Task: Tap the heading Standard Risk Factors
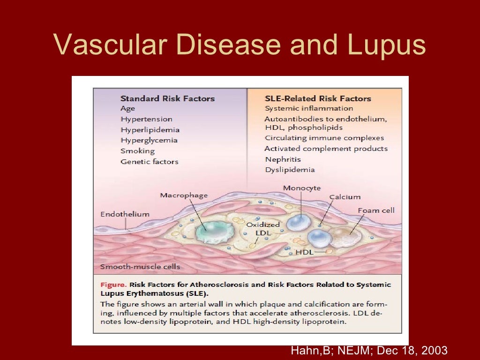pos(167,98)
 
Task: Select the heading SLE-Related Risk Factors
pos(318,98)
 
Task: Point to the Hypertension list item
pos(146,119)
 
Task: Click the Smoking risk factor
pos(137,151)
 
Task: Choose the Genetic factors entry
pos(150,162)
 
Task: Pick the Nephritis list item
pos(283,159)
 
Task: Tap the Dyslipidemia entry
pos(290,170)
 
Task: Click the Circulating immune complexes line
pos(324,138)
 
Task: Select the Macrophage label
pos(184,195)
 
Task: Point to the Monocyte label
pos(302,188)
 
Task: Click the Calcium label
pos(345,197)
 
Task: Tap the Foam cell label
pos(376,210)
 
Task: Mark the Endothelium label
pos(125,214)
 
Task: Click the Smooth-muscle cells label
pos(140,267)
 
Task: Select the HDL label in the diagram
pos(304,253)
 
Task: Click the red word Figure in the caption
pos(113,285)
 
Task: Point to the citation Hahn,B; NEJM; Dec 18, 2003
pos(369,350)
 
